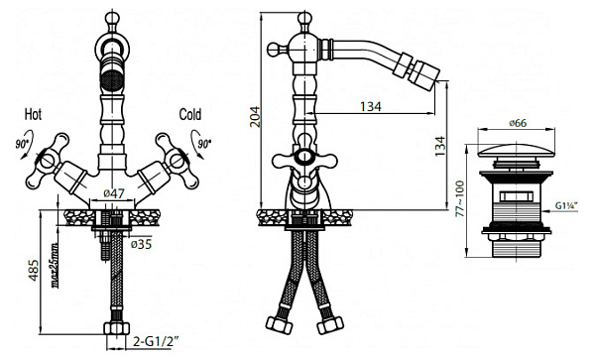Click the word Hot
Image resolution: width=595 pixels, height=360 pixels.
coord(33,114)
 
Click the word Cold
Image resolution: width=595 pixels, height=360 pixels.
coord(190,115)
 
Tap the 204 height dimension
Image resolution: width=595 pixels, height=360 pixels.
coord(255,116)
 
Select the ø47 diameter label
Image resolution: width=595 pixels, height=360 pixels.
coord(114,193)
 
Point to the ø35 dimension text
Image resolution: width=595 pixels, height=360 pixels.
coord(141,244)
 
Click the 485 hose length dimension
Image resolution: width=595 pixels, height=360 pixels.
coord(34,270)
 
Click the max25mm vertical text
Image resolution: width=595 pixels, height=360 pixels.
coord(56,265)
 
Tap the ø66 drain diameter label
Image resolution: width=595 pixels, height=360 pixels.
coord(518,123)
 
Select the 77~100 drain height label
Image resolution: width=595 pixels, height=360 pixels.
coord(460,198)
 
